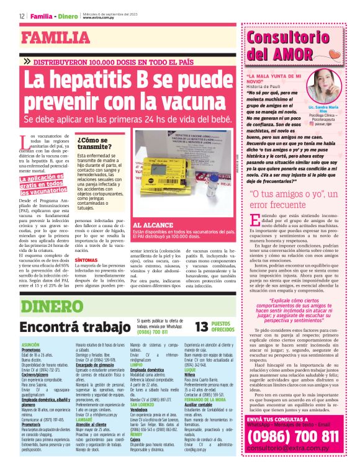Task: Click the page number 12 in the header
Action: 22,15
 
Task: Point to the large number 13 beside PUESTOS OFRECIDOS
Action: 202,328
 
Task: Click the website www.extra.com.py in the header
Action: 100,17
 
